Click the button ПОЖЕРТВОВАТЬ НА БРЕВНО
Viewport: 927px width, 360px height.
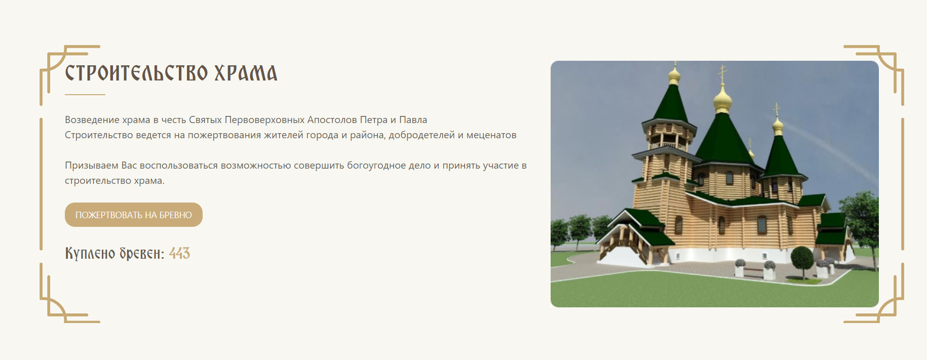134,215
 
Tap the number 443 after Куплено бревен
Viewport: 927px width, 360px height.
179,253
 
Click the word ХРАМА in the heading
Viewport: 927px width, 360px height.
246,73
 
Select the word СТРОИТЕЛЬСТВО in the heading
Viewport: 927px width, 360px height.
136,73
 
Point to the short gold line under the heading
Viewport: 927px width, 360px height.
85,94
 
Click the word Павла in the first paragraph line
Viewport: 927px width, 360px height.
413,120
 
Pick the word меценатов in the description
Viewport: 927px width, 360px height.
491,135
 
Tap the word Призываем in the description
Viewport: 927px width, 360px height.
92,166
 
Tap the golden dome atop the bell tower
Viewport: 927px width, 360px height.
674,76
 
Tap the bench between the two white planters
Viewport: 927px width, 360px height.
755,271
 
